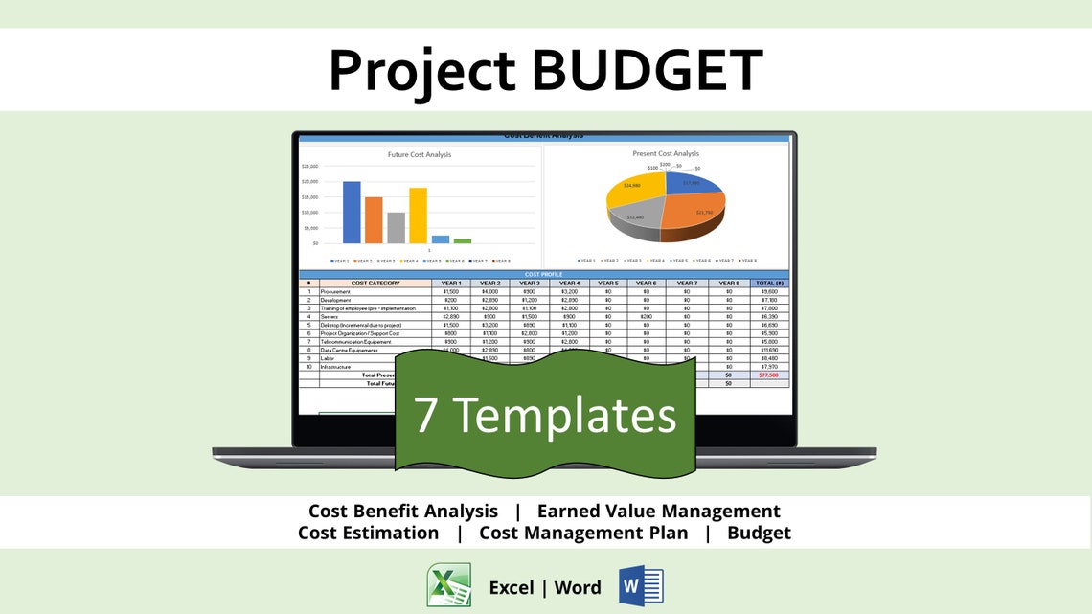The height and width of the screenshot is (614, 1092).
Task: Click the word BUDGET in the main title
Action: click(647, 69)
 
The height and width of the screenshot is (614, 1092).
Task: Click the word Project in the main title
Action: click(421, 69)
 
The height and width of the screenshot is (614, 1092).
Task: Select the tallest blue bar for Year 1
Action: click(352, 212)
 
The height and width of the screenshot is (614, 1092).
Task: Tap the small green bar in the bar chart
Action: click(463, 240)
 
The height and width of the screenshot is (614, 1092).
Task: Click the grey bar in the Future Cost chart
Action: click(396, 227)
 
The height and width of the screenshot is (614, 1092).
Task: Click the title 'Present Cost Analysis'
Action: click(666, 153)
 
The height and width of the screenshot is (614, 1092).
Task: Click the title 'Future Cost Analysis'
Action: click(419, 154)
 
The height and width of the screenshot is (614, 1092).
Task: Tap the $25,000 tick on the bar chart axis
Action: click(308, 166)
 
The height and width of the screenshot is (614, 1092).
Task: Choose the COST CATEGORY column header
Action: click(375, 284)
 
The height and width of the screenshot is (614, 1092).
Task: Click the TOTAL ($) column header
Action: click(768, 284)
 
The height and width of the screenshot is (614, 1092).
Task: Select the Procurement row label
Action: click(335, 291)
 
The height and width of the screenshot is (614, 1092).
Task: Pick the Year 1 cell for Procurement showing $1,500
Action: click(451, 291)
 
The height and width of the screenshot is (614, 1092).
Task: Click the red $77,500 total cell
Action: click(768, 375)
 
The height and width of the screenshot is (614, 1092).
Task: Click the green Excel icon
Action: click(448, 585)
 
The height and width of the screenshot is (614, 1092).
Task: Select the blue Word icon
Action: click(641, 585)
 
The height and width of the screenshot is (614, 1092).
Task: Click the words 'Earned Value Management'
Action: click(658, 512)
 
